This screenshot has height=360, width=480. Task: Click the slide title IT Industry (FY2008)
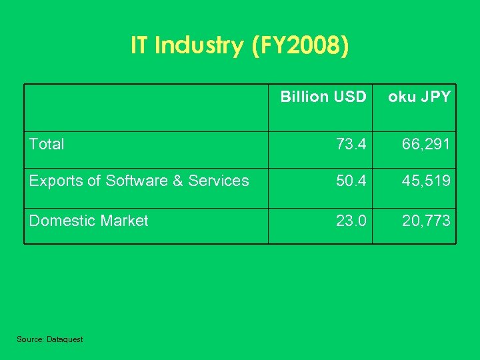coord(239,45)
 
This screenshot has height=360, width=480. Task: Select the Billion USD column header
coord(323,97)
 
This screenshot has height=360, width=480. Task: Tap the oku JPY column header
coord(419,97)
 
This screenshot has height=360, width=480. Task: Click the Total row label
coord(47,144)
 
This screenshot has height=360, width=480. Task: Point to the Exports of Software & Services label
coord(139,181)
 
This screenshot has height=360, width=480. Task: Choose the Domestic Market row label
coord(89,221)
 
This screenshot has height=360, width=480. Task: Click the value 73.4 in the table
coord(351,144)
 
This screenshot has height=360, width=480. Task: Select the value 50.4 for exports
coord(351,181)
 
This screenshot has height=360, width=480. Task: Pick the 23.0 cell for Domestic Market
coord(351,221)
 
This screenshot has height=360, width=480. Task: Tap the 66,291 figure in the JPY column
coord(426,144)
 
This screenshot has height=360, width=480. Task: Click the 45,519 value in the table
coord(426,181)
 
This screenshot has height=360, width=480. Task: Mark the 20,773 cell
coord(426,221)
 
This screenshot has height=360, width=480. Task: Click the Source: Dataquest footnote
coord(50,339)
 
